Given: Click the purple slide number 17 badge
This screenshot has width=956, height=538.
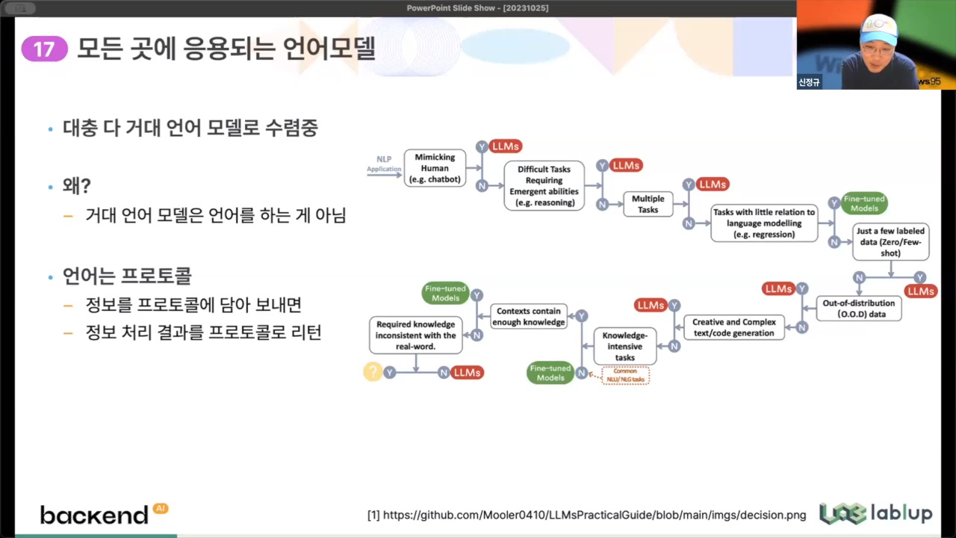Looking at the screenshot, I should pyautogui.click(x=44, y=49).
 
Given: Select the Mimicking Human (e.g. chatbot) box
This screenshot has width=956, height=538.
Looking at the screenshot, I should pyautogui.click(x=435, y=168).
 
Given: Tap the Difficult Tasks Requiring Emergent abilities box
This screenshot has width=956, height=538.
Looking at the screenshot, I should pyautogui.click(x=544, y=185).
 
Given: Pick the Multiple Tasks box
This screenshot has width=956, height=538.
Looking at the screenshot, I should pyautogui.click(x=648, y=204).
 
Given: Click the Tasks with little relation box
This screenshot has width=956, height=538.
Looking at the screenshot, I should pyautogui.click(x=763, y=223).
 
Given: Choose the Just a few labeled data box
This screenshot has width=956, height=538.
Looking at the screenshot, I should pyautogui.click(x=890, y=242).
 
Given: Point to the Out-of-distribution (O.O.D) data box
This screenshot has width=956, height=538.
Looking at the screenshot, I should pyautogui.click(x=858, y=309).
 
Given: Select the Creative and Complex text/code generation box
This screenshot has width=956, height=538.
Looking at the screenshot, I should pyautogui.click(x=733, y=327).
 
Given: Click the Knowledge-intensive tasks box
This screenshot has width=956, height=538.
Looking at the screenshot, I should pyautogui.click(x=625, y=347).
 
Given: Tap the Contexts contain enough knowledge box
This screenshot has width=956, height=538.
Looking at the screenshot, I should pyautogui.click(x=529, y=316).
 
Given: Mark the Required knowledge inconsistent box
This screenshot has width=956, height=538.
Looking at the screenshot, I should pyautogui.click(x=416, y=336).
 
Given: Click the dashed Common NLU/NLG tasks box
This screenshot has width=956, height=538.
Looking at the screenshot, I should pyautogui.click(x=625, y=375).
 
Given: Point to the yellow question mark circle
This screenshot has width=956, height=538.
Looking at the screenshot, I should pyautogui.click(x=372, y=371).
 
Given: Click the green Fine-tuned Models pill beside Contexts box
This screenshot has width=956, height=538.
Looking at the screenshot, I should pyautogui.click(x=445, y=293).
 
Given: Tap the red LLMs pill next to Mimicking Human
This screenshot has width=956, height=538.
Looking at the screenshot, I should pyautogui.click(x=506, y=146).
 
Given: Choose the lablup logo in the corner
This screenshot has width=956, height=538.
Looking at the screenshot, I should pyautogui.click(x=875, y=513).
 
